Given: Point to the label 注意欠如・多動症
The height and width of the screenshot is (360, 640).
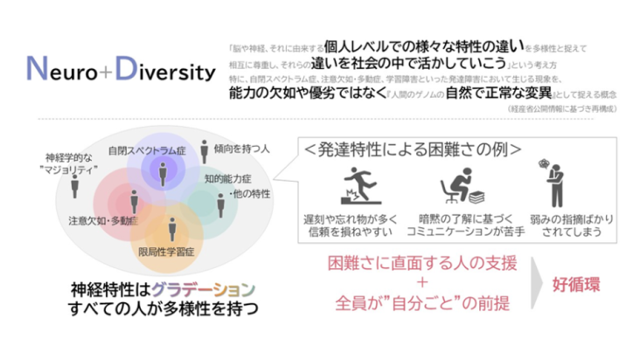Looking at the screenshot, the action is [x=102, y=222].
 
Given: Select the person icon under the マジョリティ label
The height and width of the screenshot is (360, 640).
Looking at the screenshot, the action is [x=74, y=186].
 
